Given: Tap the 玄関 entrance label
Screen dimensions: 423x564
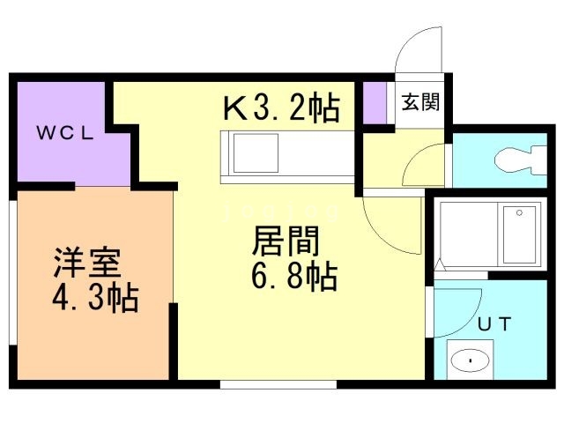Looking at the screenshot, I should [x=419, y=103].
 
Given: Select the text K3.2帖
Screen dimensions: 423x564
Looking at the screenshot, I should [x=280, y=108].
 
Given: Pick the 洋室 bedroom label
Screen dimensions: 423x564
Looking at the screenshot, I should [x=85, y=263].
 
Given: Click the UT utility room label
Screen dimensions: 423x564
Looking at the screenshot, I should [x=493, y=323].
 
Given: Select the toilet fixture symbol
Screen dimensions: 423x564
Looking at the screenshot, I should [x=515, y=161].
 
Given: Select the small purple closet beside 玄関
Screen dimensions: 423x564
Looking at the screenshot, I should [x=375, y=103].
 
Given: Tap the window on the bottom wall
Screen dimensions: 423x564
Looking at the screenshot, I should [x=278, y=383].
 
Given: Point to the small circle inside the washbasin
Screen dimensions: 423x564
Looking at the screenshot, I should [x=471, y=360].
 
